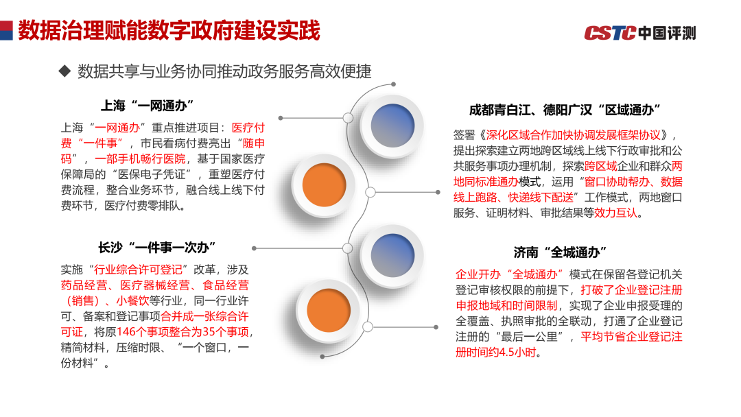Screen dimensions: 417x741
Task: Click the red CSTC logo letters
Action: click(610, 32)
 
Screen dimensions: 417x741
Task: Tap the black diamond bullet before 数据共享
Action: click(65, 71)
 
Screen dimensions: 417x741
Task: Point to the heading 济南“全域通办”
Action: click(561, 252)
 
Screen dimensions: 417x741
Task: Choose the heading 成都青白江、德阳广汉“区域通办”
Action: click(565, 110)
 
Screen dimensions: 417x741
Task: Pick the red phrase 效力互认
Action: click(615, 213)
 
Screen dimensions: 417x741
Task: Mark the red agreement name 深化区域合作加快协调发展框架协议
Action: click(576, 134)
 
